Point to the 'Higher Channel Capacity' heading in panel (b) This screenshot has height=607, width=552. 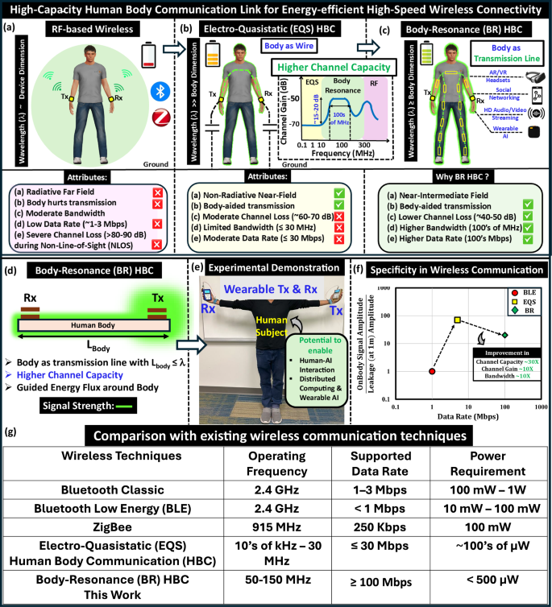pos(325,68)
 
